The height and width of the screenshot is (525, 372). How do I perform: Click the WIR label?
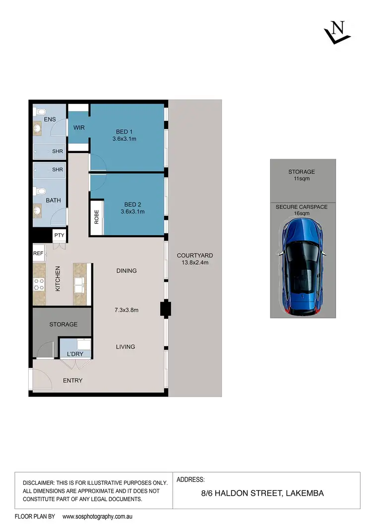(x=79, y=128)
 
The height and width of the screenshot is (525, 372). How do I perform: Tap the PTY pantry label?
(x=59, y=235)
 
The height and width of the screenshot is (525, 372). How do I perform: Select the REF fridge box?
(x=38, y=253)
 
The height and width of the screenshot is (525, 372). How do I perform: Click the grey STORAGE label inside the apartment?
(x=63, y=324)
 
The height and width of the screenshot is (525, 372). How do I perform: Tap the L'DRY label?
(x=75, y=354)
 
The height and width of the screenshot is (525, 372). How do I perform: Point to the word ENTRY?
(x=72, y=380)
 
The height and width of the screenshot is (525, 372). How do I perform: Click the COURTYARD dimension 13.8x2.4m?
(x=194, y=263)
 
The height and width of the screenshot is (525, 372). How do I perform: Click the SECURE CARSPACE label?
(x=302, y=207)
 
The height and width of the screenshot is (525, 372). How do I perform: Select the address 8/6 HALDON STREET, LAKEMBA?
(x=255, y=493)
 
